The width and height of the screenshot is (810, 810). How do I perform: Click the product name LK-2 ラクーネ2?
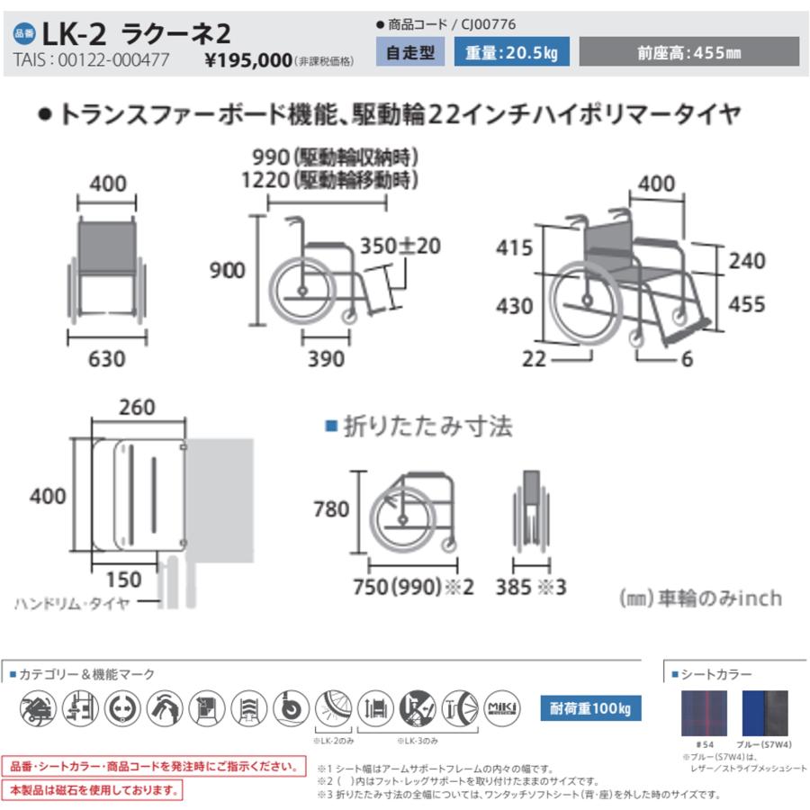[135, 33]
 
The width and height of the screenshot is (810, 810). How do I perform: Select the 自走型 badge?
[409, 53]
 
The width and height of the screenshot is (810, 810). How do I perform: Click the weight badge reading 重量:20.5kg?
[512, 53]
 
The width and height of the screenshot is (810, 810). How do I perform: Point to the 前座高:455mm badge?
[688, 53]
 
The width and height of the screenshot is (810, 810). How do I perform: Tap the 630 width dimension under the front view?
[107, 358]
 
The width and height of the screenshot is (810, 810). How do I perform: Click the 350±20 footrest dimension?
[400, 245]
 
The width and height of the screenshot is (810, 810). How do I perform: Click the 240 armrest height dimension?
[746, 261]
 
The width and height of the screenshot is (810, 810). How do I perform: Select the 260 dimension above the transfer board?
[138, 408]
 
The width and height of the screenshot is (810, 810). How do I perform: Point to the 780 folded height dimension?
[331, 509]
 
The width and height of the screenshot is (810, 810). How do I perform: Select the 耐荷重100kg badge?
[589, 708]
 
